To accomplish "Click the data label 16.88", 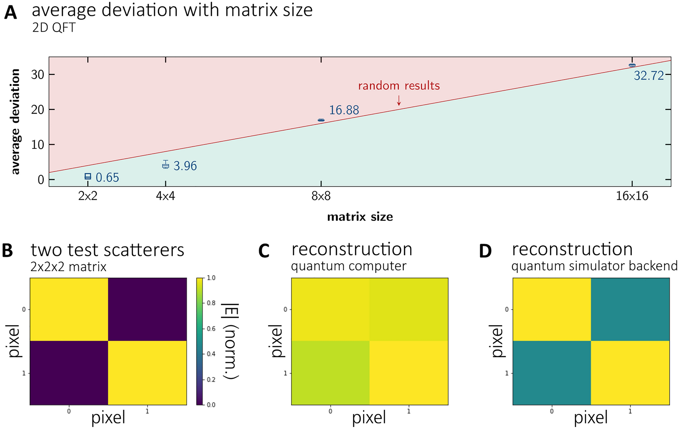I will point(344,110).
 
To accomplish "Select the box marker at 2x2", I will point(88,176).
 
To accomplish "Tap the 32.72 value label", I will point(649,75).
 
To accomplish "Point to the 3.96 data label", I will point(185,166).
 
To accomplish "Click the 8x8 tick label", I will point(321,196).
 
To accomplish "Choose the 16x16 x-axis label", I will point(632,196).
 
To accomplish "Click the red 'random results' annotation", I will point(399,86).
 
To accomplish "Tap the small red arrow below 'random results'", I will point(399,100).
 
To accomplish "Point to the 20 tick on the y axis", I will point(38,110).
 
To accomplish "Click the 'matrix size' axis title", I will point(360,217).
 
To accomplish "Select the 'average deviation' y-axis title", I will point(15,122).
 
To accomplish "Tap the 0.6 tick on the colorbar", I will point(211,329).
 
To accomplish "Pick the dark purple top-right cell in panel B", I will point(147,309).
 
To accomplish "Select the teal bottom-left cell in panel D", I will point(551,372).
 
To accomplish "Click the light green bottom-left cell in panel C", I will point(330,372).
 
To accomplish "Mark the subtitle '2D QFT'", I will point(53,28).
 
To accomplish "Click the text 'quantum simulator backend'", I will point(594,266).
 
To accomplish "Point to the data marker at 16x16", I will point(632,65).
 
